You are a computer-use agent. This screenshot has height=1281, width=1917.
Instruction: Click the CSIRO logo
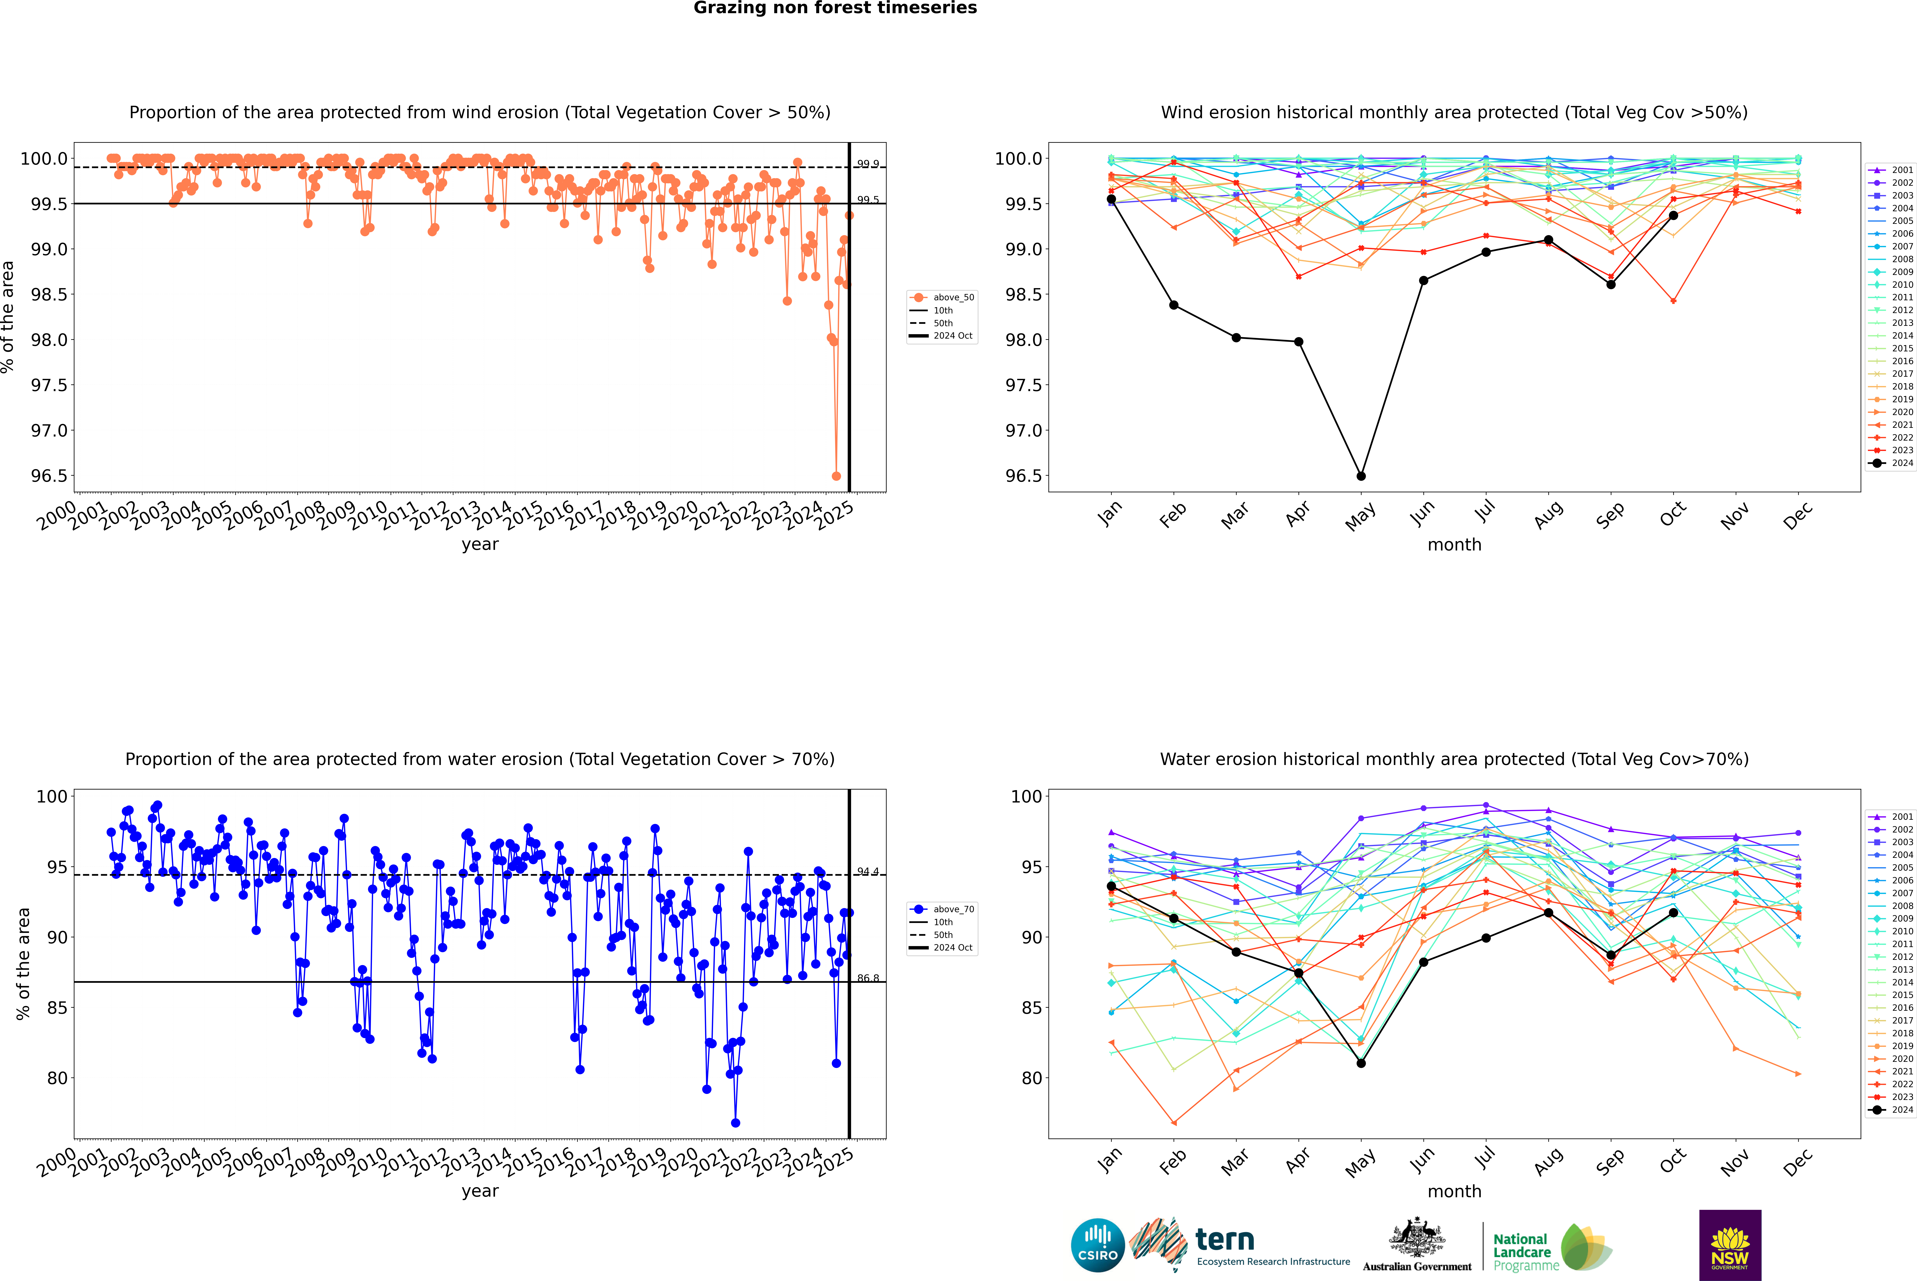click(x=1098, y=1245)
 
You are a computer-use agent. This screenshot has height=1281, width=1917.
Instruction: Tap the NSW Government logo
click(x=1730, y=1245)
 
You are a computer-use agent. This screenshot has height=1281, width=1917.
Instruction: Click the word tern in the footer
click(x=1224, y=1239)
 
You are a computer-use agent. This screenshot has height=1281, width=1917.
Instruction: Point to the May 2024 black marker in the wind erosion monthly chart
click(x=1361, y=476)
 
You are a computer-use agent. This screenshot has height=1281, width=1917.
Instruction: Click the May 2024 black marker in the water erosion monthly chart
click(x=1361, y=1063)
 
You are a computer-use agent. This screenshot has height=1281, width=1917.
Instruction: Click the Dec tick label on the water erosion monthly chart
click(x=1797, y=1161)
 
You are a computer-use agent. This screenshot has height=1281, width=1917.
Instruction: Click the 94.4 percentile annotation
click(x=868, y=872)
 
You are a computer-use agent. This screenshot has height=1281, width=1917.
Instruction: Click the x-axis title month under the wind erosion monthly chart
click(x=1454, y=545)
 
